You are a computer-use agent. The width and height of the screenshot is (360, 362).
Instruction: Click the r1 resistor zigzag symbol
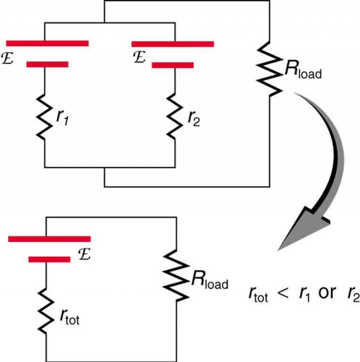[45, 116]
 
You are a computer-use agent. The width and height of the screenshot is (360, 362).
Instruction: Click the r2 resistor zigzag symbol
[173, 116]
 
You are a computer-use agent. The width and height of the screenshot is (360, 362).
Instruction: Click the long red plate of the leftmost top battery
[47, 43]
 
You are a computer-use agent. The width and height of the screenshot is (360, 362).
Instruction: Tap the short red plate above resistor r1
[47, 65]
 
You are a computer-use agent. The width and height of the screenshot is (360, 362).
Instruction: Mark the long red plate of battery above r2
[172, 44]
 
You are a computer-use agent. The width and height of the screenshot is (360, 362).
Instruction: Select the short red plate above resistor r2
[172, 65]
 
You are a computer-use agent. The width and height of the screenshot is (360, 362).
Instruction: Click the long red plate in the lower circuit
[49, 239]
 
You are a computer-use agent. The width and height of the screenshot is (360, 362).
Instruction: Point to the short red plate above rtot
[49, 259]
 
